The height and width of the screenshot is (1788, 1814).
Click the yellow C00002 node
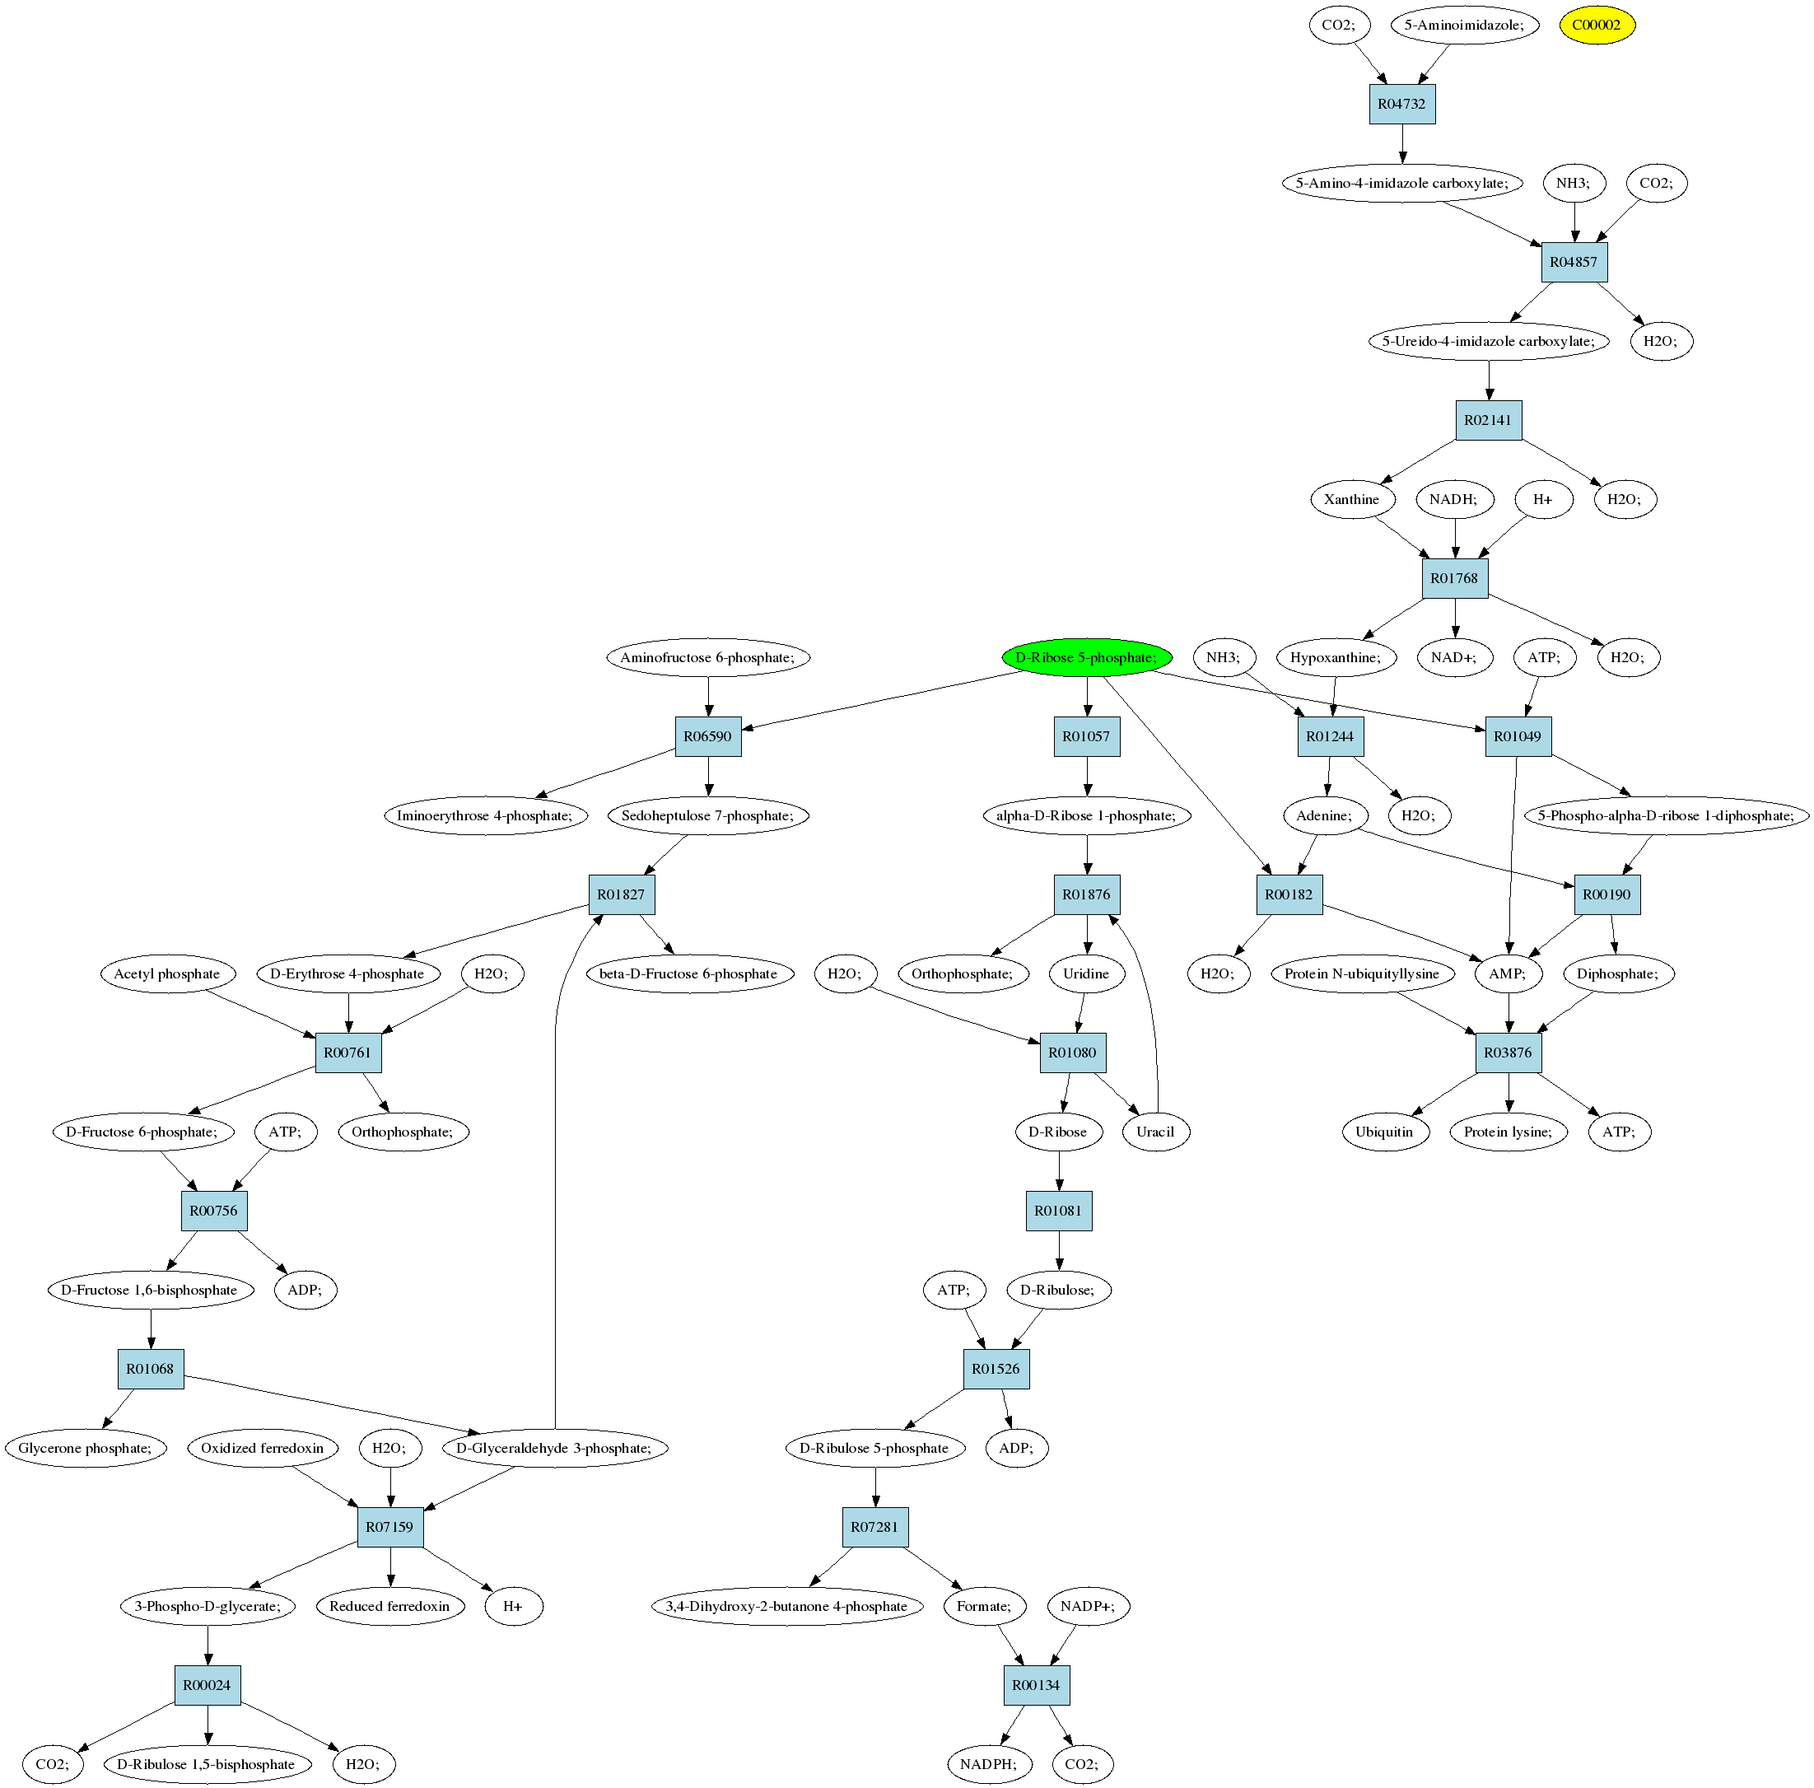tap(1597, 26)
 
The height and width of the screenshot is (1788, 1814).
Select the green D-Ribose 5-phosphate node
tap(1085, 657)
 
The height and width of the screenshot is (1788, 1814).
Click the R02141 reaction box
tap(1488, 420)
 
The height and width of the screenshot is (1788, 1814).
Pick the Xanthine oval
tap(1351, 500)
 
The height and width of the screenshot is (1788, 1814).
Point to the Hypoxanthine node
tap(1335, 657)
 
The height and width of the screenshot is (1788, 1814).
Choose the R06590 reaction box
tap(708, 736)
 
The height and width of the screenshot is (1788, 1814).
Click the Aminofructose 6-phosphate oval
tap(707, 657)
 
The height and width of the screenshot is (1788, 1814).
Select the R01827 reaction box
tap(622, 895)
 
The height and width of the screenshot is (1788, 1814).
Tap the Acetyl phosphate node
tap(167, 973)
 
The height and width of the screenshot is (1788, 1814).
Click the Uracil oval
tap(1155, 1132)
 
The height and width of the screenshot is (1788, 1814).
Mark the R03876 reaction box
tap(1508, 1053)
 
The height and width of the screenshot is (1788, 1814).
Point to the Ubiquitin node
tap(1384, 1132)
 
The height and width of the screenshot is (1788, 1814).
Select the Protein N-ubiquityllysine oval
tap(1361, 973)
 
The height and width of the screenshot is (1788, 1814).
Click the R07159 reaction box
tap(389, 1527)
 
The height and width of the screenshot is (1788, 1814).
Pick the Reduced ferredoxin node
tap(389, 1606)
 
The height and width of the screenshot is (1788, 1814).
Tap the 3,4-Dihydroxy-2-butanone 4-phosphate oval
tap(787, 1606)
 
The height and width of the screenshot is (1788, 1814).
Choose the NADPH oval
tap(988, 1764)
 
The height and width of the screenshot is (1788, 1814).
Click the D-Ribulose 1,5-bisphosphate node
tap(206, 1764)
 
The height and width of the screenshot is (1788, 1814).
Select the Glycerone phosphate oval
tap(85, 1448)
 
